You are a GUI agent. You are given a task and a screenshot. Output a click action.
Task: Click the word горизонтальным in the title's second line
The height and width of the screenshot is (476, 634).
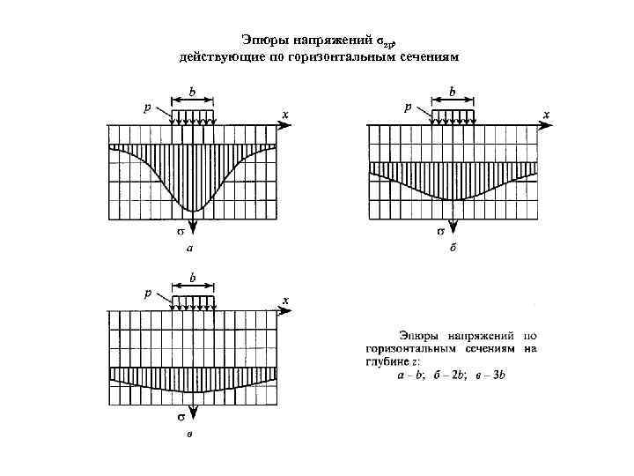tap(345, 56)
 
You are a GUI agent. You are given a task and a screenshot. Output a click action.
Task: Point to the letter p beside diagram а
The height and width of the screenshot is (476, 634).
tap(148, 107)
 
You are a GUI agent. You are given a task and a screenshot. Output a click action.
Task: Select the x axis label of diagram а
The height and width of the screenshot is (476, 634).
tap(284, 115)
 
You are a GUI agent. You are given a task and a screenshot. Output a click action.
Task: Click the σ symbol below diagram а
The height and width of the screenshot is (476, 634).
tap(180, 233)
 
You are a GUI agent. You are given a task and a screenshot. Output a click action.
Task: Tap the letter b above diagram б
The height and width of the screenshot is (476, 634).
tap(453, 90)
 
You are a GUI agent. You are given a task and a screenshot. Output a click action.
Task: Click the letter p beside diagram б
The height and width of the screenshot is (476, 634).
tap(407, 107)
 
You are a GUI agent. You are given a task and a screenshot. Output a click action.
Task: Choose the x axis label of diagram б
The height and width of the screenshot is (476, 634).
tap(546, 115)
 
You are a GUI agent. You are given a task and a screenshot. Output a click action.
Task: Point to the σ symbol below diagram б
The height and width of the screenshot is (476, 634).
tap(440, 233)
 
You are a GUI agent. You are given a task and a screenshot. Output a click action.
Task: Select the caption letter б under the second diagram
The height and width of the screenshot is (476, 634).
tap(453, 249)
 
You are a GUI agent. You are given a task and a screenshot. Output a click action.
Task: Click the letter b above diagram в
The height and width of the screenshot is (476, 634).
tap(193, 277)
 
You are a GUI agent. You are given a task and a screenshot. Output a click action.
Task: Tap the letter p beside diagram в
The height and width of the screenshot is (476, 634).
tap(148, 293)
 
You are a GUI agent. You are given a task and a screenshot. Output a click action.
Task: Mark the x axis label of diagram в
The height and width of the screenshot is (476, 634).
tap(285, 301)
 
